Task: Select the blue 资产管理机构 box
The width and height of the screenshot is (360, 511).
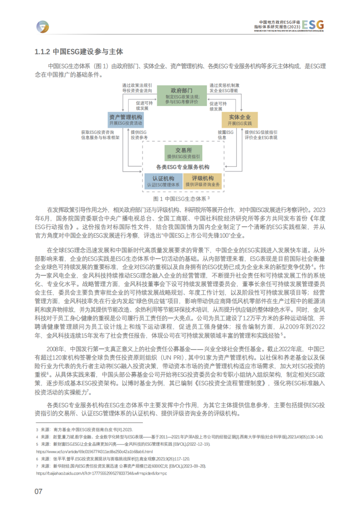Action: tap(125, 120)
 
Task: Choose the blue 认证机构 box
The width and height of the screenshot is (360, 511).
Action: tap(163, 181)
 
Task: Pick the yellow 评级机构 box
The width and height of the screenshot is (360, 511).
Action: tap(202, 181)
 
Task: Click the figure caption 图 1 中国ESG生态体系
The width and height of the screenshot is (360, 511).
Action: tap(181, 198)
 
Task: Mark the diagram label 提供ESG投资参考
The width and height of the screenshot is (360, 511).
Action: tap(139, 134)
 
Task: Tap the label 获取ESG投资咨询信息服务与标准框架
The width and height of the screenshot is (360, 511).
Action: tap(100, 134)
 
